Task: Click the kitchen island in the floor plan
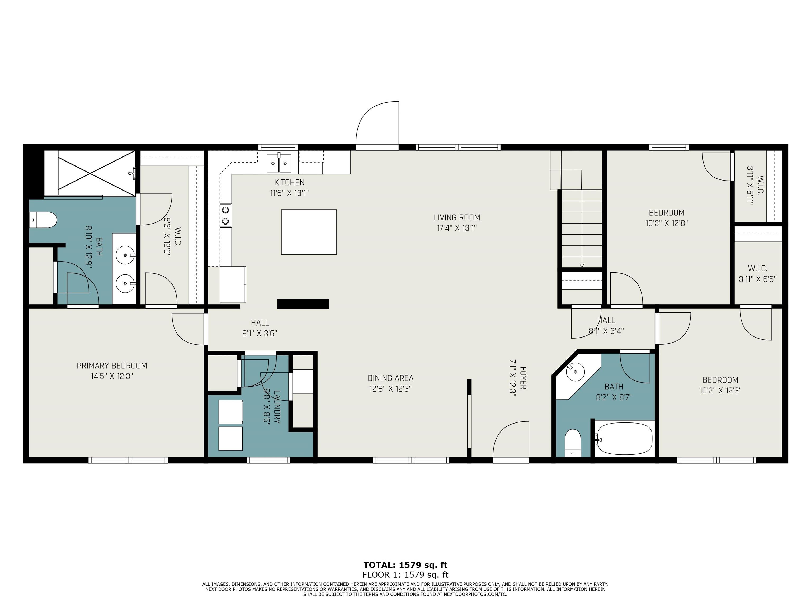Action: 309,232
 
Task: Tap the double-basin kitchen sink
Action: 279,163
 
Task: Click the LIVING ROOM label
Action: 457,218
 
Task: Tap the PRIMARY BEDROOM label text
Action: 112,366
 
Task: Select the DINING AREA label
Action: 390,378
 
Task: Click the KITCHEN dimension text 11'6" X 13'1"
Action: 289,193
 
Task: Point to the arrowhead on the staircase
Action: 582,266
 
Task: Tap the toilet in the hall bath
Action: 573,443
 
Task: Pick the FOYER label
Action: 523,378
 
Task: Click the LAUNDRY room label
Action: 277,407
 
